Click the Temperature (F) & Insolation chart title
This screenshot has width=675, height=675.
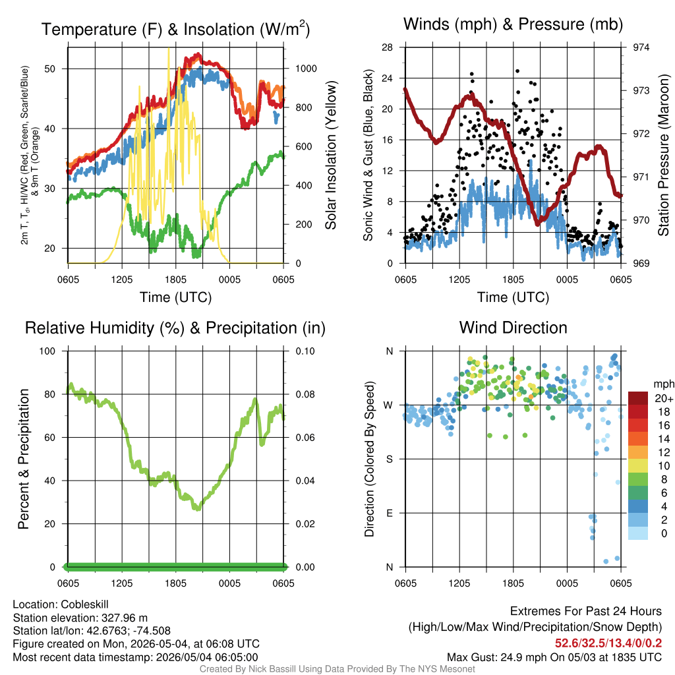point(175,29)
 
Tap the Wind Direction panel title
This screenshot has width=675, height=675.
point(513,328)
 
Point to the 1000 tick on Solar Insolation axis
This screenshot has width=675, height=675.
point(306,69)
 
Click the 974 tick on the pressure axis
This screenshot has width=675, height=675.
point(641,47)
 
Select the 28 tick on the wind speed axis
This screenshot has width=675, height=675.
point(387,47)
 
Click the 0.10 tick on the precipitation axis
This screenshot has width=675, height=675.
point(305,351)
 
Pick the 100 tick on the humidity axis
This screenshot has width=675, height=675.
point(47,351)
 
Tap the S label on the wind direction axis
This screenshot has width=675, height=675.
point(389,459)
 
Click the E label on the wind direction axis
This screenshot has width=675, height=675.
point(389,513)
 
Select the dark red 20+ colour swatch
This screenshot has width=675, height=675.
point(638,398)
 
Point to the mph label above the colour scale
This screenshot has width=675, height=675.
point(664,384)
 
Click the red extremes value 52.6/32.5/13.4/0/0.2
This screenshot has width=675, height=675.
point(608,643)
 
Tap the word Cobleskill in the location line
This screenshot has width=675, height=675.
point(84,604)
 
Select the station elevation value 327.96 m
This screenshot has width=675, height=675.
point(125,618)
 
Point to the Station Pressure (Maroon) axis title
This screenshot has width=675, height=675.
point(663,155)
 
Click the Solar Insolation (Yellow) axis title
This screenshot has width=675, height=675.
point(330,155)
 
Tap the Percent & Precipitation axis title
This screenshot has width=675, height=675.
point(24,459)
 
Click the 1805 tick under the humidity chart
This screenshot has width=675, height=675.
point(175,583)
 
